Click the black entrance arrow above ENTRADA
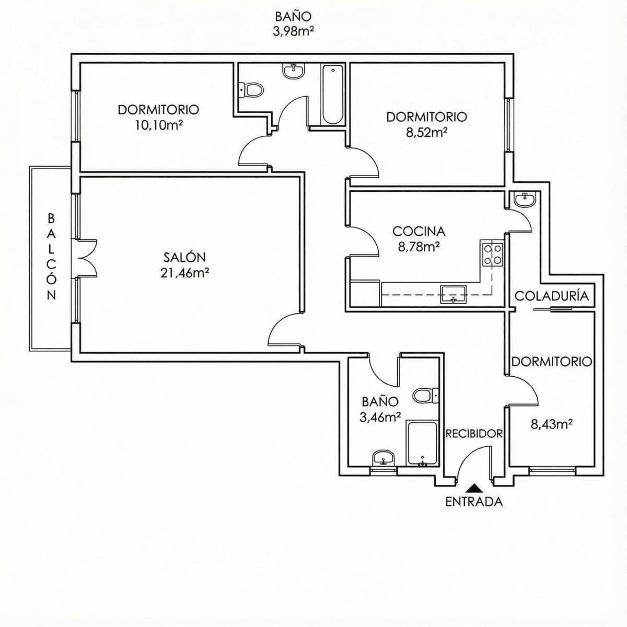coord(474,488)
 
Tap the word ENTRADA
coord(474,502)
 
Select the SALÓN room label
coord(184,257)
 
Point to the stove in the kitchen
coord(493,255)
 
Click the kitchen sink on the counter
coord(453,294)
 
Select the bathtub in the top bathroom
coord(332,95)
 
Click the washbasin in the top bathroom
coord(294,71)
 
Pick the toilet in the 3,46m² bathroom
coord(425,396)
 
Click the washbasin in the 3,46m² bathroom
coord(384,458)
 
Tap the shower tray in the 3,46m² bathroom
coord(422,443)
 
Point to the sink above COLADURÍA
coord(524,200)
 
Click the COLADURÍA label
coord(551,296)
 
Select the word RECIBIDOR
coord(474,434)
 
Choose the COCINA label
coord(419,231)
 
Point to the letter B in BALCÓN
coord(51,217)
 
